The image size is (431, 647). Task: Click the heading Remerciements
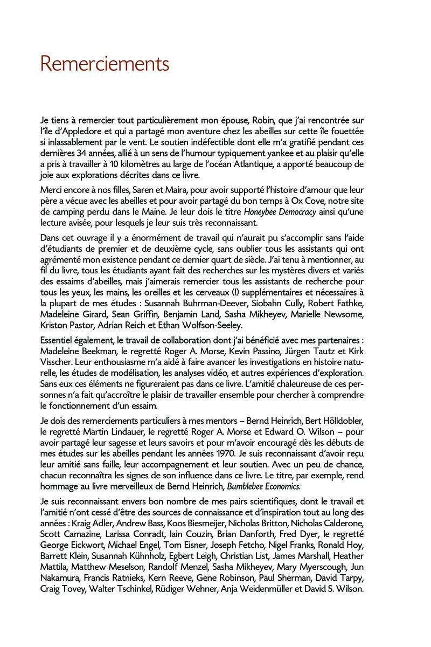click(105, 65)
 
